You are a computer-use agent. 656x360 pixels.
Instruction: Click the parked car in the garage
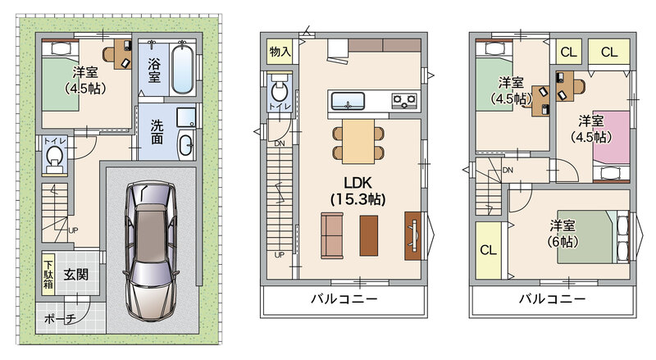[x=151, y=251]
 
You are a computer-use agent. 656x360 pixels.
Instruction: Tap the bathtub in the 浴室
[x=183, y=69]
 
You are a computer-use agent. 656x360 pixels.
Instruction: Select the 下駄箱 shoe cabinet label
[x=48, y=275]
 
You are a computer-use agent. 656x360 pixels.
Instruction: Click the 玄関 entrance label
[x=76, y=275]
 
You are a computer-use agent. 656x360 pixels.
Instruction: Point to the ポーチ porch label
[x=60, y=319]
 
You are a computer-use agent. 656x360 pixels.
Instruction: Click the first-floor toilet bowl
[x=54, y=156]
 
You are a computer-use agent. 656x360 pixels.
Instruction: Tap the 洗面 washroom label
[x=157, y=132]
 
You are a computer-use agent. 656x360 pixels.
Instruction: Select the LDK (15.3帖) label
[x=358, y=191]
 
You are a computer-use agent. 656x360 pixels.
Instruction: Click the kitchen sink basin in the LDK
[x=348, y=102]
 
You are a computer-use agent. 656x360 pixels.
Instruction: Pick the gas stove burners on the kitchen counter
[x=404, y=101]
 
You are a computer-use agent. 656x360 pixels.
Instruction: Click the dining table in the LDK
[x=358, y=142]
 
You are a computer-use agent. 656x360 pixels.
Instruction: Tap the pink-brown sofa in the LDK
[x=332, y=235]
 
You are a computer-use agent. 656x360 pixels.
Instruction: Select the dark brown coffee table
[x=368, y=235]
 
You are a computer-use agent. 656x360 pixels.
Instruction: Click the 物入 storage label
[x=280, y=52]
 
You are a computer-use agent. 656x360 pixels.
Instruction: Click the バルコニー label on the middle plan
[x=344, y=298]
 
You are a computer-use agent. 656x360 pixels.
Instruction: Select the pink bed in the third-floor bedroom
[x=611, y=138]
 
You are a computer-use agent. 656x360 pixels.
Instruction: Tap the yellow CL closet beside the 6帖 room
[x=488, y=250]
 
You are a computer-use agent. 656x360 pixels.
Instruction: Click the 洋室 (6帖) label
[x=563, y=234]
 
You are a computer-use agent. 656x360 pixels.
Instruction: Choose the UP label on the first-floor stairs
[x=73, y=230]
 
